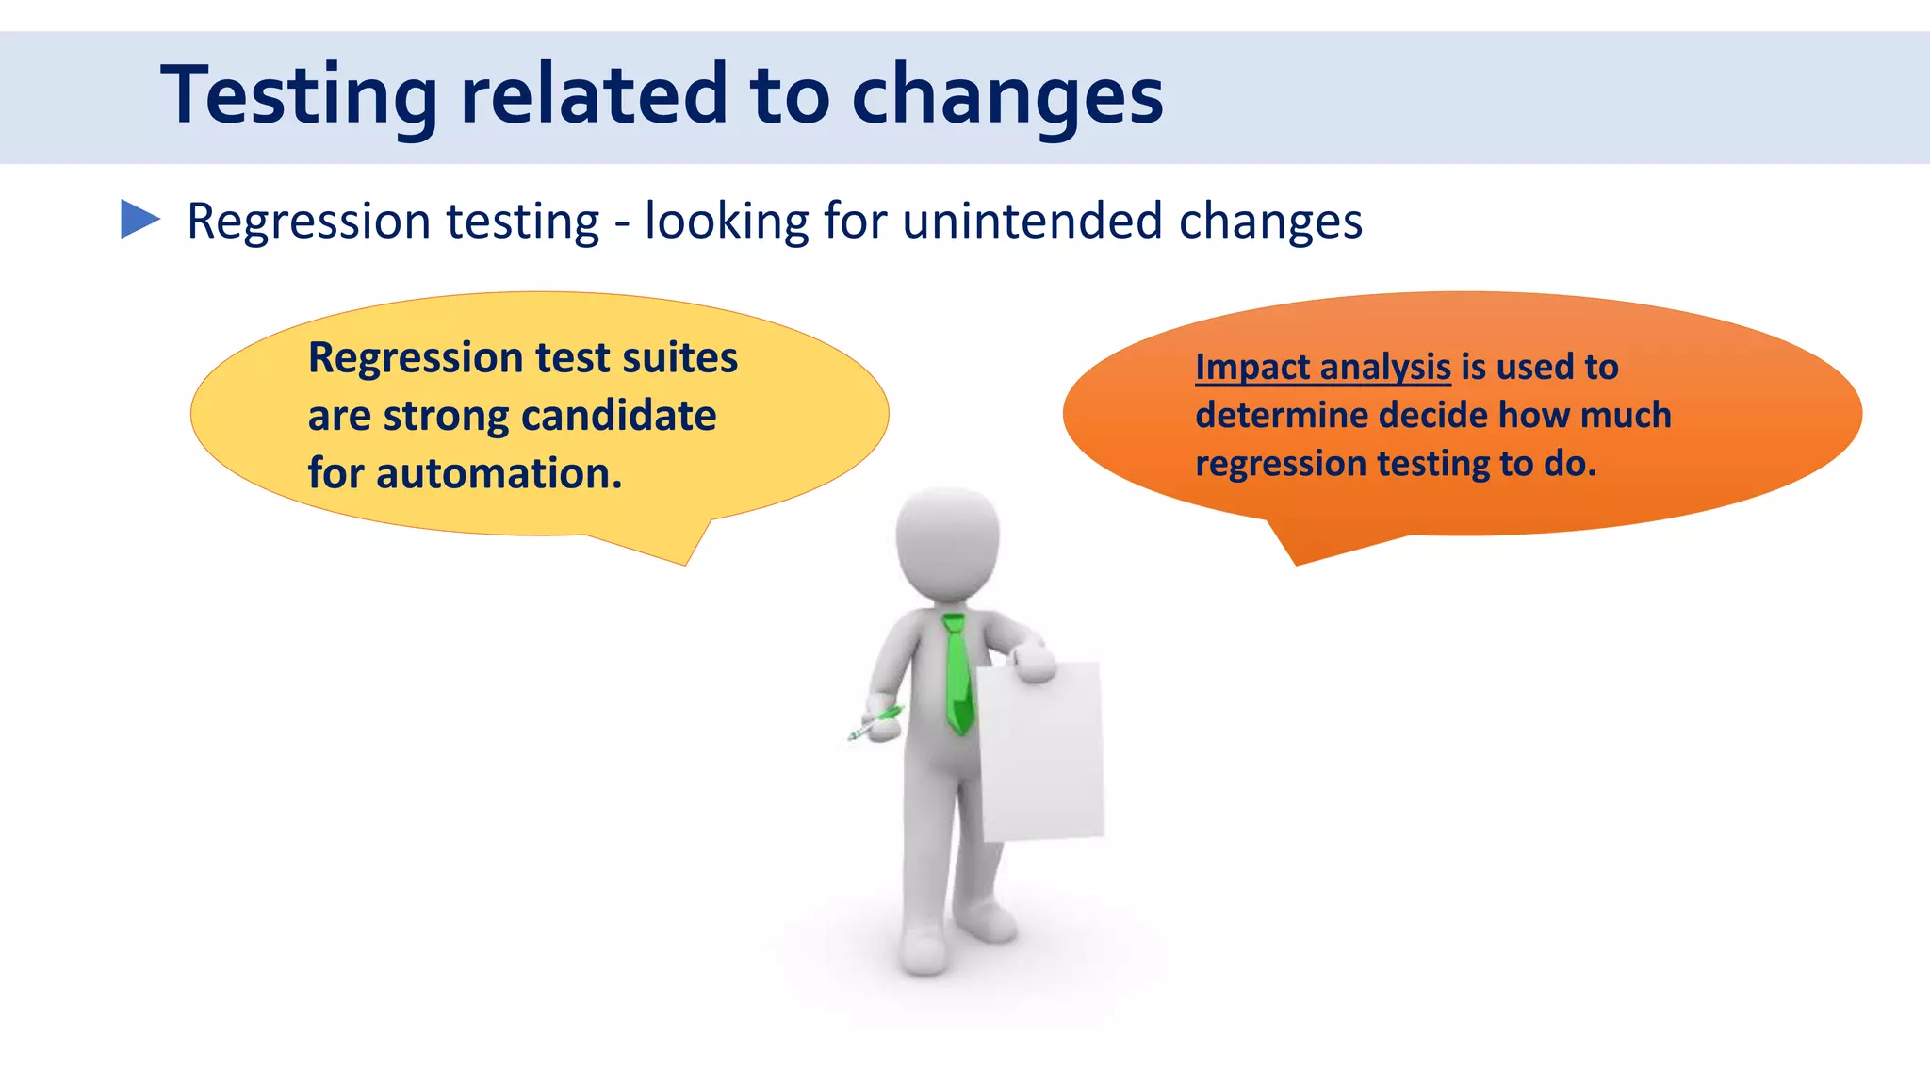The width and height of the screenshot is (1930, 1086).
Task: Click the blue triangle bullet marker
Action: pyautogui.click(x=139, y=220)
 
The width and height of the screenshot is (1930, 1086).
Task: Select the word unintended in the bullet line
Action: pyautogui.click(x=1032, y=222)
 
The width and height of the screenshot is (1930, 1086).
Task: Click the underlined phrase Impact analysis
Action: pyautogui.click(x=1322, y=367)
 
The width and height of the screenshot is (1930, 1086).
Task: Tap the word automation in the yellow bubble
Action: pyautogui.click(x=499, y=473)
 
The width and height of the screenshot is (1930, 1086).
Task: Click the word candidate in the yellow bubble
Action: pyautogui.click(x=618, y=416)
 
